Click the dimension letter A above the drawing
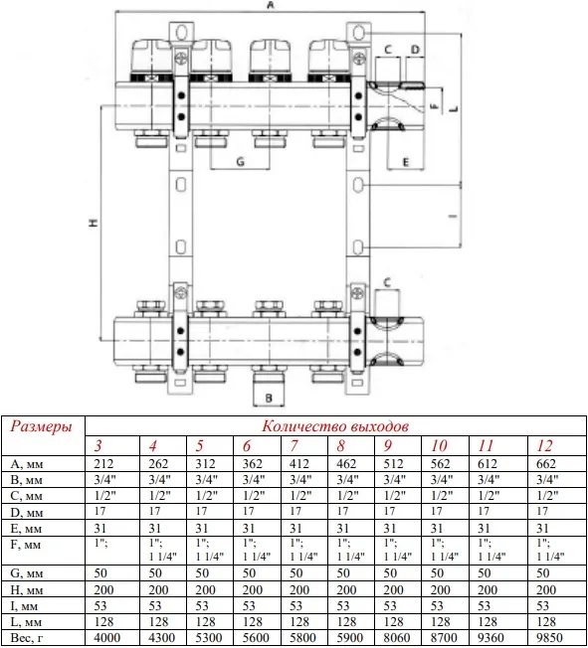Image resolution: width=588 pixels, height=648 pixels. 271,5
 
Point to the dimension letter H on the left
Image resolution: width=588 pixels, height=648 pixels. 94,223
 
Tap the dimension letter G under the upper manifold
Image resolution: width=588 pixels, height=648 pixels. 241,162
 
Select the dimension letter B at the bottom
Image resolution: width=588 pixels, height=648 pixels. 269,398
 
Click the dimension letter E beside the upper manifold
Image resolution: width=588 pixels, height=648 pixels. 406,162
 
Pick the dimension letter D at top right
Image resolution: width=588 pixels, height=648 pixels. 415,50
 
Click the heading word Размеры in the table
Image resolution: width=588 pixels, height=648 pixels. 41,426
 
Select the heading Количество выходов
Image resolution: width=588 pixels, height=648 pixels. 335,426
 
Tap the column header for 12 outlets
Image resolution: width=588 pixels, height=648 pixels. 544,445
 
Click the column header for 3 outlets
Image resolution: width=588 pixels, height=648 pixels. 98,445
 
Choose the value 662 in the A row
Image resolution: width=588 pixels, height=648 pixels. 546,464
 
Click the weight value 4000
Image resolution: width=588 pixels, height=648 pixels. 106,638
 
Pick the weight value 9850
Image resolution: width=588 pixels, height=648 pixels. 549,638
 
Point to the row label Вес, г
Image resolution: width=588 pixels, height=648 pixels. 26,638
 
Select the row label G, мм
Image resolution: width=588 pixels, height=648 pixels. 27,573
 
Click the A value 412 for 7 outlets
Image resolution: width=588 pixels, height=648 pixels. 299,464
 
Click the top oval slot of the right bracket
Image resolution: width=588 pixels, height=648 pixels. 359,32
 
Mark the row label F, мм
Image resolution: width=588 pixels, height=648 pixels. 25,545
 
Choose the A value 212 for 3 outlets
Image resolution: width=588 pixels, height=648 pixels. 103,464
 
